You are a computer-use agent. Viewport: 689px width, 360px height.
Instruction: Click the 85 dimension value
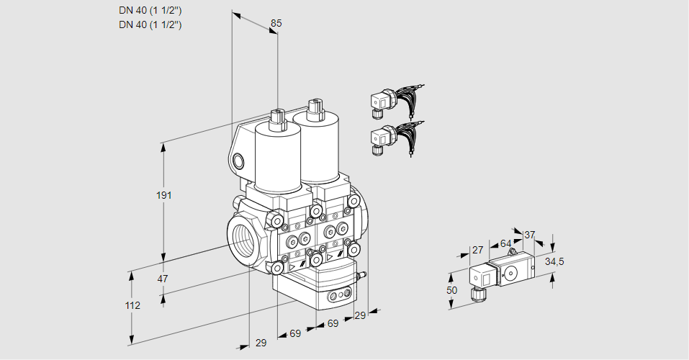tap(276, 23)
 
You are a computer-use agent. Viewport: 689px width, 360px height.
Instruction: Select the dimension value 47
tap(163, 279)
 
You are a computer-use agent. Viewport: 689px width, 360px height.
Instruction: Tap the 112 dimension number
tap(132, 305)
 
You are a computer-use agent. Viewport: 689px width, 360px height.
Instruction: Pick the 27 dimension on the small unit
tap(477, 250)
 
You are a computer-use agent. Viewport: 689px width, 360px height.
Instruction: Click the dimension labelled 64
tap(505, 243)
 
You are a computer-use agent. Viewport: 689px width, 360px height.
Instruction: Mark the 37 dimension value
tap(529, 235)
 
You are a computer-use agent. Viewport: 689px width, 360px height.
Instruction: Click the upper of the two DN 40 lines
tap(150, 11)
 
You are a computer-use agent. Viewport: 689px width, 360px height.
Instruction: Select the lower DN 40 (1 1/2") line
tap(150, 24)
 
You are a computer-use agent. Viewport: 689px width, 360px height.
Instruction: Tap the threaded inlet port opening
tap(241, 238)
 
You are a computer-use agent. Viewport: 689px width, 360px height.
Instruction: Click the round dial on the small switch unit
tap(512, 272)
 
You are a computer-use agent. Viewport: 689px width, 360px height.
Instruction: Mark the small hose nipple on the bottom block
tap(364, 274)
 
